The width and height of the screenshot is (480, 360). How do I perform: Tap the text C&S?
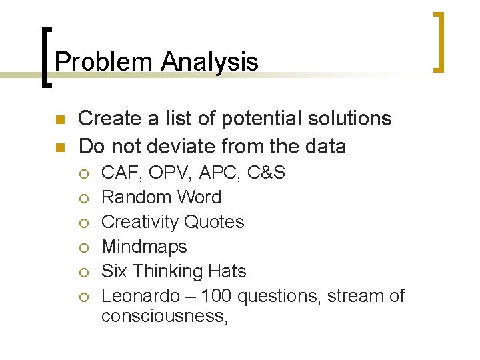tap(266, 173)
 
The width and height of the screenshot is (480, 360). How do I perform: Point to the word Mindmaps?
tap(144, 247)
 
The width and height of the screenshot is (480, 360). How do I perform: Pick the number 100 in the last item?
tap(217, 295)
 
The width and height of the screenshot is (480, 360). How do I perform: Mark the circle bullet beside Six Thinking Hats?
tap(85, 272)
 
